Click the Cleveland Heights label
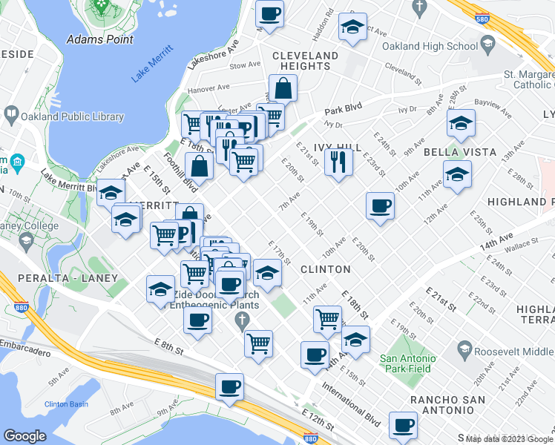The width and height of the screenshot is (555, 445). (305, 61)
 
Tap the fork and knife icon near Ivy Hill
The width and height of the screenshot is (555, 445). (338, 161)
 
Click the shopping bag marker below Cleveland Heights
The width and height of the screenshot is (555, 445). (283, 89)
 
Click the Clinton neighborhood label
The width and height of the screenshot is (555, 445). (324, 269)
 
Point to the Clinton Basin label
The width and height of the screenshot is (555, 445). (66, 404)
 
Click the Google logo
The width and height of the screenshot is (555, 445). (25, 436)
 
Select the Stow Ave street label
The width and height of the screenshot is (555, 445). (243, 65)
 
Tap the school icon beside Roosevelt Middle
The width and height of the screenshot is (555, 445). (464, 348)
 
